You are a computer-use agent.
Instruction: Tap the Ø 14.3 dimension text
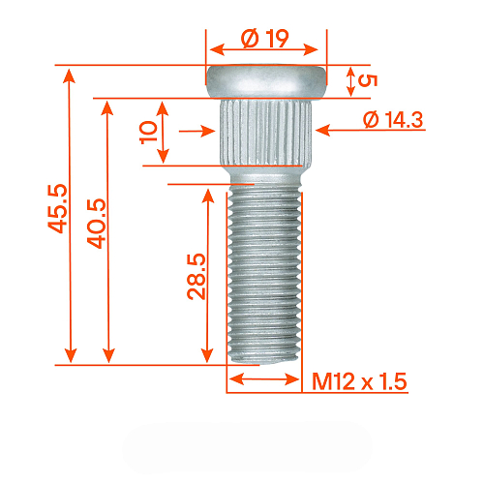394,119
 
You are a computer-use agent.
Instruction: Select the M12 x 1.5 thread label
359,380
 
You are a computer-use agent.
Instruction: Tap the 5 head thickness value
365,80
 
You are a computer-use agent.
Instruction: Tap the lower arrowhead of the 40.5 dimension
107,355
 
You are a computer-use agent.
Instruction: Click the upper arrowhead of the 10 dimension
164,105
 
